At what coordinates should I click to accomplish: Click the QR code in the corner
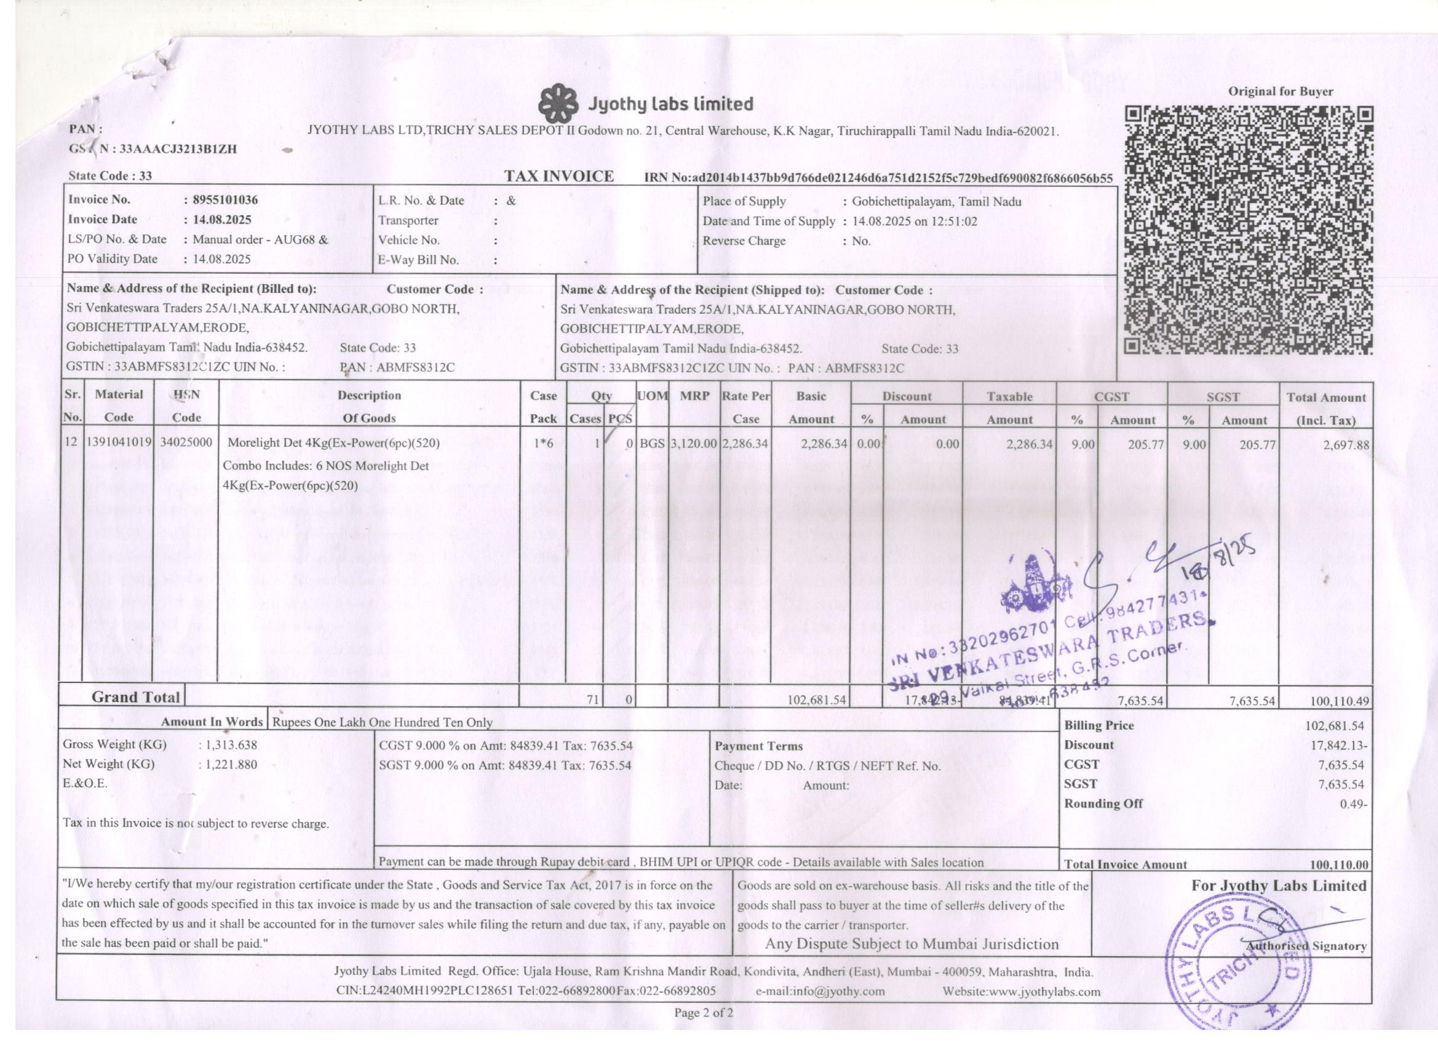pos(1249,230)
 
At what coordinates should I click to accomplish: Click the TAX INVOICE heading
pos(558,177)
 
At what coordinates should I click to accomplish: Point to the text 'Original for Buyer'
pos(1280,91)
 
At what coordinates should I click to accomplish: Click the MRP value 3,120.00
pos(694,444)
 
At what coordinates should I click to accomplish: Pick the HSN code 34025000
pos(186,443)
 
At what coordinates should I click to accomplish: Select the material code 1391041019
pos(119,443)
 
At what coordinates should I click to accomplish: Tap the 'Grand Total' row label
pos(136,697)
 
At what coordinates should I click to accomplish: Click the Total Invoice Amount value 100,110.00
pos(1339,864)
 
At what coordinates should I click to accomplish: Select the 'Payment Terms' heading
pos(758,746)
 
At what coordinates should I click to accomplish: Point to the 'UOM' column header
pos(652,395)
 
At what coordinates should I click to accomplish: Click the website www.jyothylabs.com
pos(1022,991)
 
